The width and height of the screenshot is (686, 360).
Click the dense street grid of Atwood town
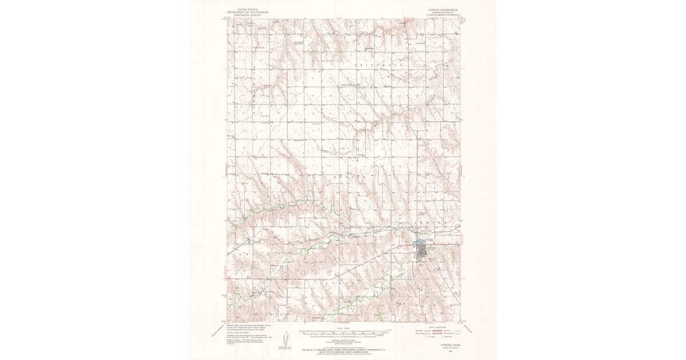click(x=424, y=251)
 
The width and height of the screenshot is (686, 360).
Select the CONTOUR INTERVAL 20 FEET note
click(x=343, y=337)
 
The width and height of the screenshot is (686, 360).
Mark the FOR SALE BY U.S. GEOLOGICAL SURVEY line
click(x=343, y=348)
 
